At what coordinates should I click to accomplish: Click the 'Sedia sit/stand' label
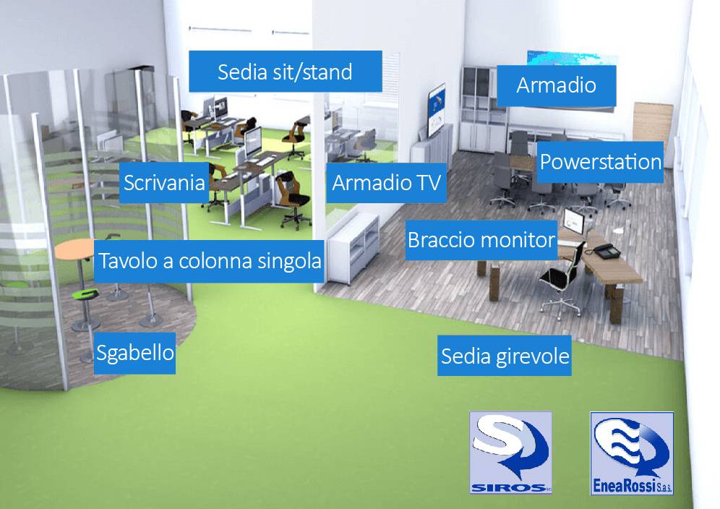tap(285, 72)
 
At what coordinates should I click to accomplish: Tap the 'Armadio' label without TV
tap(556, 85)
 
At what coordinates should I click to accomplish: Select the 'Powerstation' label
tap(600, 161)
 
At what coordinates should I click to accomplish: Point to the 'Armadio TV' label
tap(385, 183)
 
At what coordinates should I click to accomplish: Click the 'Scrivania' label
tap(164, 182)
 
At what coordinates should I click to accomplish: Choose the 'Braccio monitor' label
tap(481, 239)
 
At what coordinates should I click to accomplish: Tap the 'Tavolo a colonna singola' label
tap(209, 261)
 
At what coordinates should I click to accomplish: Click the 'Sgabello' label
tap(134, 354)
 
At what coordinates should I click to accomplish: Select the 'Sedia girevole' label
tap(505, 356)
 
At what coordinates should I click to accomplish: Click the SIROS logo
tap(510, 453)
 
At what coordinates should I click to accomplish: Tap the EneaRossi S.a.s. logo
tap(631, 453)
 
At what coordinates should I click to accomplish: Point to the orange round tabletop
tap(75, 250)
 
